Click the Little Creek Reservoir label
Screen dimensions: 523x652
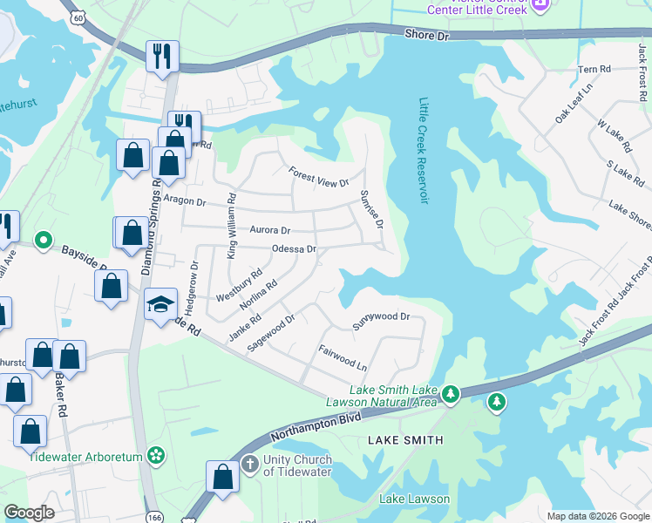coord(425,151)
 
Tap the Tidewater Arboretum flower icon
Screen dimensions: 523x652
coord(156,454)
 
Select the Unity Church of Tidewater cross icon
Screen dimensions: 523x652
coord(249,462)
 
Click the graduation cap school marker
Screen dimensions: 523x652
coord(160,304)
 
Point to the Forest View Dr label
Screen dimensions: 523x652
coord(319,176)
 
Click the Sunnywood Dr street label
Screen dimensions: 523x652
coord(381,321)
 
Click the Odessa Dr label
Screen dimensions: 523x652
coord(293,250)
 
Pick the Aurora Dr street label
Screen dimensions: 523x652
coord(269,230)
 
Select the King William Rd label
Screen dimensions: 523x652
coord(232,226)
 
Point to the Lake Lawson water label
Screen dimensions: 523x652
coord(414,499)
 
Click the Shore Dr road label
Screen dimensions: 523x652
coord(426,35)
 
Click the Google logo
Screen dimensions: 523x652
coord(30,513)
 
